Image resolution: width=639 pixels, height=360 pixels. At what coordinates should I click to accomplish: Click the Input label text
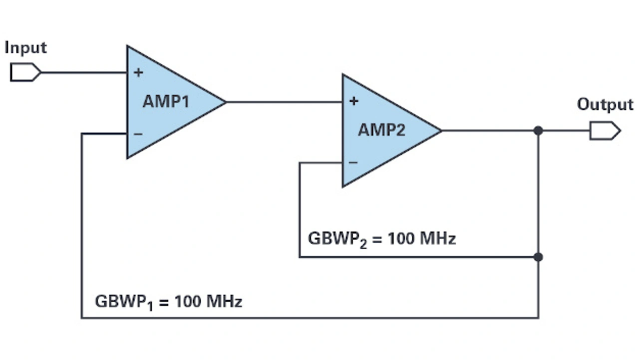(25, 48)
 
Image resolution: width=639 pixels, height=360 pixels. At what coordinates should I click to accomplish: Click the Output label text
(605, 105)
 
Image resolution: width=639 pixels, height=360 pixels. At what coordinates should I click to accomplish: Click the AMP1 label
(166, 101)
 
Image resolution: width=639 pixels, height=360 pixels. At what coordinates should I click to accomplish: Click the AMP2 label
(381, 130)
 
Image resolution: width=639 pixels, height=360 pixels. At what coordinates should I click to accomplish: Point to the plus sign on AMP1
(138, 73)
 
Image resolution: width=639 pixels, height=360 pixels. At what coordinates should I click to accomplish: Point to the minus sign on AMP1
(138, 134)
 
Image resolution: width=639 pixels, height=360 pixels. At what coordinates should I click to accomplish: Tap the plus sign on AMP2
(353, 101)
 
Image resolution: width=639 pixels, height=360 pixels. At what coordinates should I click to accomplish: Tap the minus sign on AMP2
(353, 162)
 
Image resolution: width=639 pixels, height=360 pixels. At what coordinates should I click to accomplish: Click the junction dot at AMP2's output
(538, 131)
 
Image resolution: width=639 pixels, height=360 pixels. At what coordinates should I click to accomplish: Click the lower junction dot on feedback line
(538, 257)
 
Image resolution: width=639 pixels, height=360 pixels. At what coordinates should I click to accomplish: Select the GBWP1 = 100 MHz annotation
(168, 302)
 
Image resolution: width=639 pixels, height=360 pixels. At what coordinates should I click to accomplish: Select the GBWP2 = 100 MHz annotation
(382, 239)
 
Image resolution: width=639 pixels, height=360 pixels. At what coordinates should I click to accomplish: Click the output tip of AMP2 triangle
(440, 131)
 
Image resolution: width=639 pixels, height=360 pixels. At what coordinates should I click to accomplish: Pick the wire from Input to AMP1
(83, 72)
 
